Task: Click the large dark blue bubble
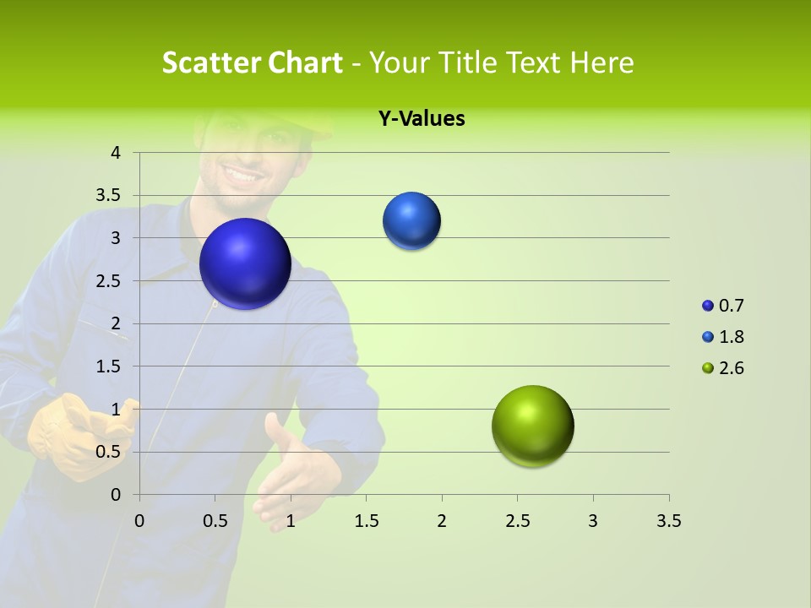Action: [x=245, y=263]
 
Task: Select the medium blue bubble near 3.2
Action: [x=411, y=221]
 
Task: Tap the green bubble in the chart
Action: [x=532, y=426]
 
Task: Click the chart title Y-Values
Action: [x=421, y=119]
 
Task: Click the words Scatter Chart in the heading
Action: [x=252, y=62]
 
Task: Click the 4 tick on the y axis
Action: [x=116, y=153]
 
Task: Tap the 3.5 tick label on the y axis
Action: [x=109, y=196]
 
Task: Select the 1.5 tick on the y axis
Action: [x=109, y=366]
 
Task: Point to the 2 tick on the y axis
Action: [x=116, y=323]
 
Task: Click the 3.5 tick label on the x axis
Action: [x=668, y=521]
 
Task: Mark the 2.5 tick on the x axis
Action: [x=517, y=521]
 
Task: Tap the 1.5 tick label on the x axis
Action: [x=366, y=521]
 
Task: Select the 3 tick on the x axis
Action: [x=593, y=521]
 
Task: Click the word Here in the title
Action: [x=601, y=62]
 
